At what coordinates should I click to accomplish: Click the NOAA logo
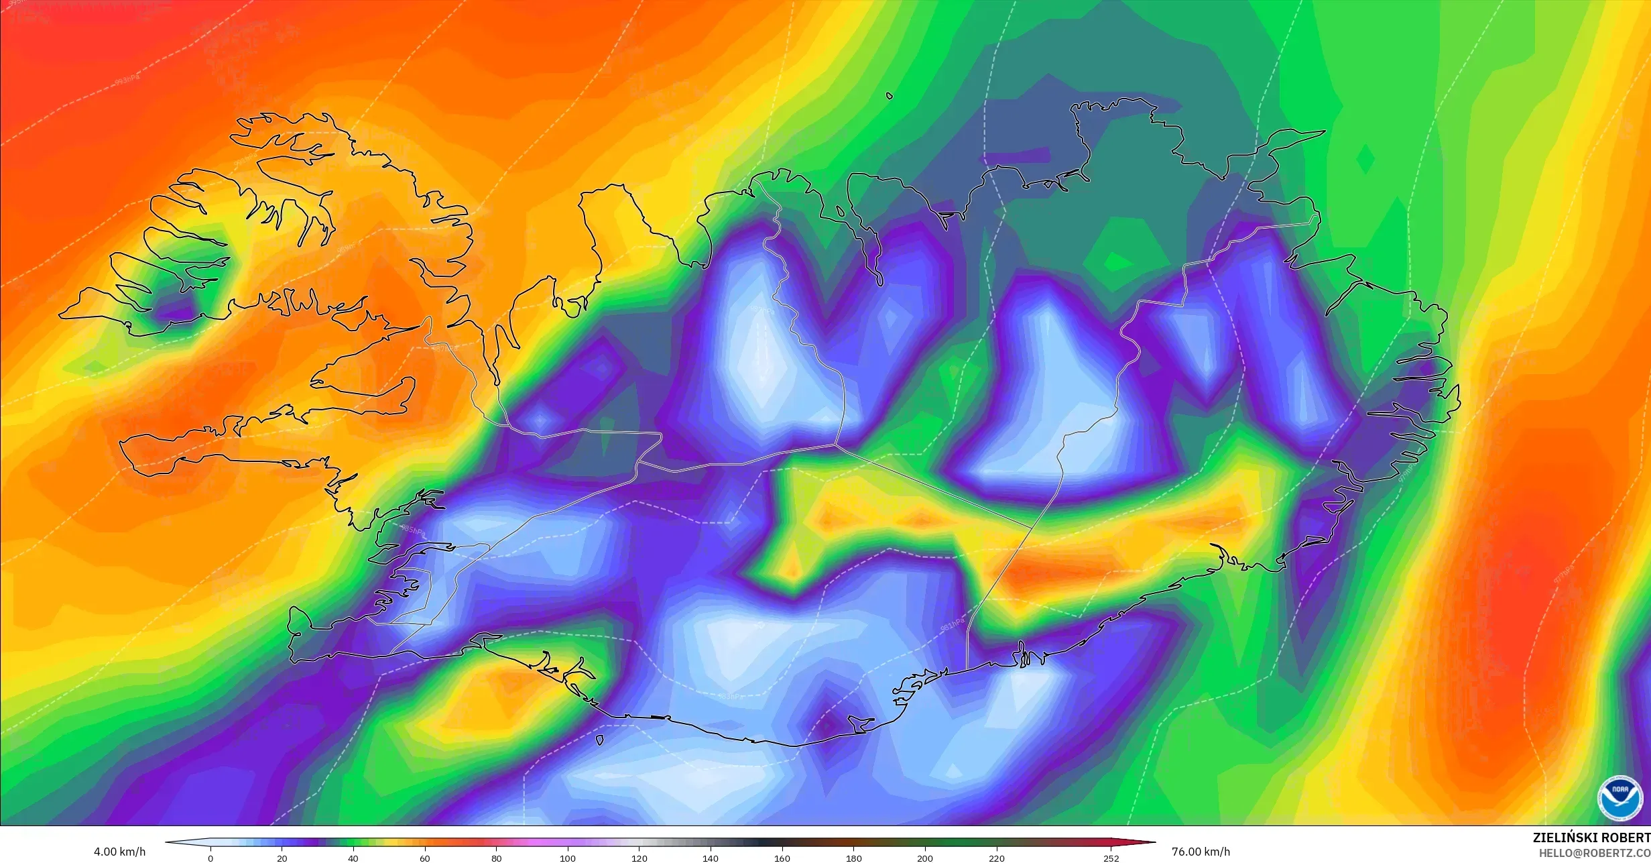coord(1620,798)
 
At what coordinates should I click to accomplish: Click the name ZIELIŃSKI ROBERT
coord(1591,838)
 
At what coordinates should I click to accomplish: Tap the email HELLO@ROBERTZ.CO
coord(1594,852)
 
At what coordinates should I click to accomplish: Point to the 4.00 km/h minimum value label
coord(119,852)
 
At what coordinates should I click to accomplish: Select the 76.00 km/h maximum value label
coord(1201,852)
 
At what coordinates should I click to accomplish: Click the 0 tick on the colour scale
coord(210,858)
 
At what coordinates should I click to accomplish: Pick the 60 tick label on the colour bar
coord(425,858)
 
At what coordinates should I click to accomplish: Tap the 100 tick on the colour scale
coord(568,858)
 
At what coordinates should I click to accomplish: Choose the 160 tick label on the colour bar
coord(782,858)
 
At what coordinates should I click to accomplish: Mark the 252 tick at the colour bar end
coord(1111,858)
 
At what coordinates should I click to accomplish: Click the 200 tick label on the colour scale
coord(925,858)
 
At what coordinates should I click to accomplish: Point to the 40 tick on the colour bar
coord(353,858)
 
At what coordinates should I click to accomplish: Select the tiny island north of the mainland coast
coord(890,96)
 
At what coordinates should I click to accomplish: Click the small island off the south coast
coord(599,740)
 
